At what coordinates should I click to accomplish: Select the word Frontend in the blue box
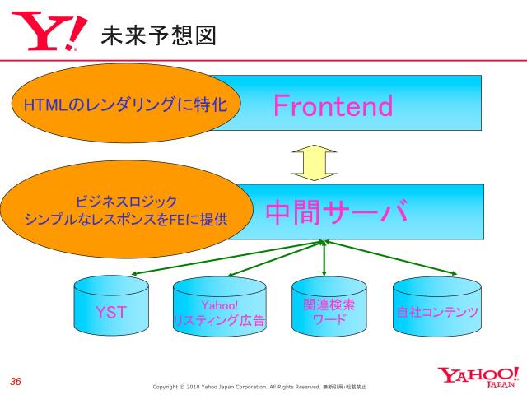(333, 105)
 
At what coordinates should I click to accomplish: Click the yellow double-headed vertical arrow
(315, 161)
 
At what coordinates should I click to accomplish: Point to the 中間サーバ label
(337, 212)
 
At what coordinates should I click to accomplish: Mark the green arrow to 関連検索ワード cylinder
(325, 258)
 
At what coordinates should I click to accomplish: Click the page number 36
(15, 381)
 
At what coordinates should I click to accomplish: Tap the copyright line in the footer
(259, 386)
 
